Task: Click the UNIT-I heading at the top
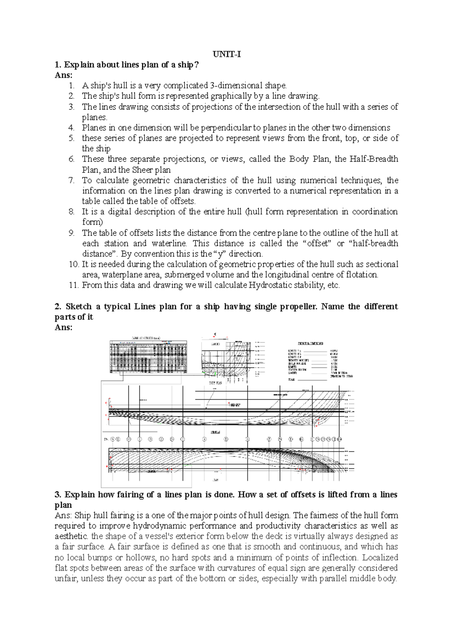click(x=226, y=54)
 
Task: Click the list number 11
click(x=73, y=285)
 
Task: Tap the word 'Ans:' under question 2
click(x=63, y=328)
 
